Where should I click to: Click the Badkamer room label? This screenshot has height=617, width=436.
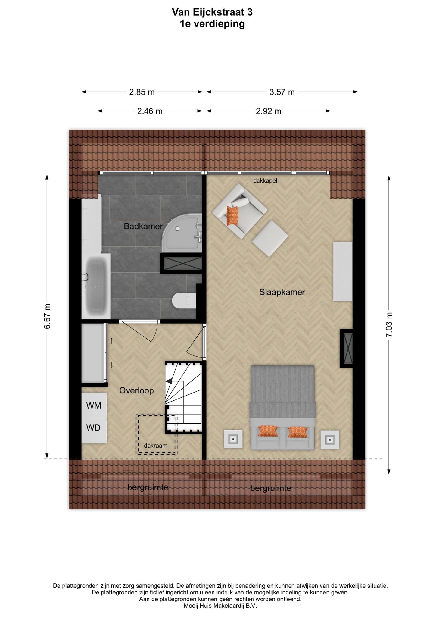pyautogui.click(x=143, y=226)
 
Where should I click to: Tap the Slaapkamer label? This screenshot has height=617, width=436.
pyautogui.click(x=282, y=292)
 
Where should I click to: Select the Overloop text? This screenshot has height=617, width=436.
pyautogui.click(x=136, y=390)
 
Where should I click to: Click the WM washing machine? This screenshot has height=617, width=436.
pyautogui.click(x=94, y=405)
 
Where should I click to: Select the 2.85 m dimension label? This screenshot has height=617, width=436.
pyautogui.click(x=142, y=92)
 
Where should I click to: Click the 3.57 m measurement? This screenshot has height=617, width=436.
pyautogui.click(x=282, y=92)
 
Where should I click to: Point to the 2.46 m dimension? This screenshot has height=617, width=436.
pyautogui.click(x=150, y=111)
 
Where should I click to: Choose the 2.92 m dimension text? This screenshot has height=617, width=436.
pyautogui.click(x=268, y=111)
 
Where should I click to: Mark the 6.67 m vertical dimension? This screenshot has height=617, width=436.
pyautogui.click(x=47, y=316)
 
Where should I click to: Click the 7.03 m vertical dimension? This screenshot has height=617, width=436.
pyautogui.click(x=389, y=324)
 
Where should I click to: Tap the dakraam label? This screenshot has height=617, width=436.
pyautogui.click(x=155, y=445)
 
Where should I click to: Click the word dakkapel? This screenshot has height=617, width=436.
pyautogui.click(x=265, y=181)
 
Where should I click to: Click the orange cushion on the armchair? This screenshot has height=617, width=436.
pyautogui.click(x=232, y=215)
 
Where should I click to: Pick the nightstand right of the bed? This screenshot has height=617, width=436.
pyautogui.click(x=330, y=440)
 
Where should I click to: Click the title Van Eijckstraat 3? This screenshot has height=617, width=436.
pyautogui.click(x=212, y=12)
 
